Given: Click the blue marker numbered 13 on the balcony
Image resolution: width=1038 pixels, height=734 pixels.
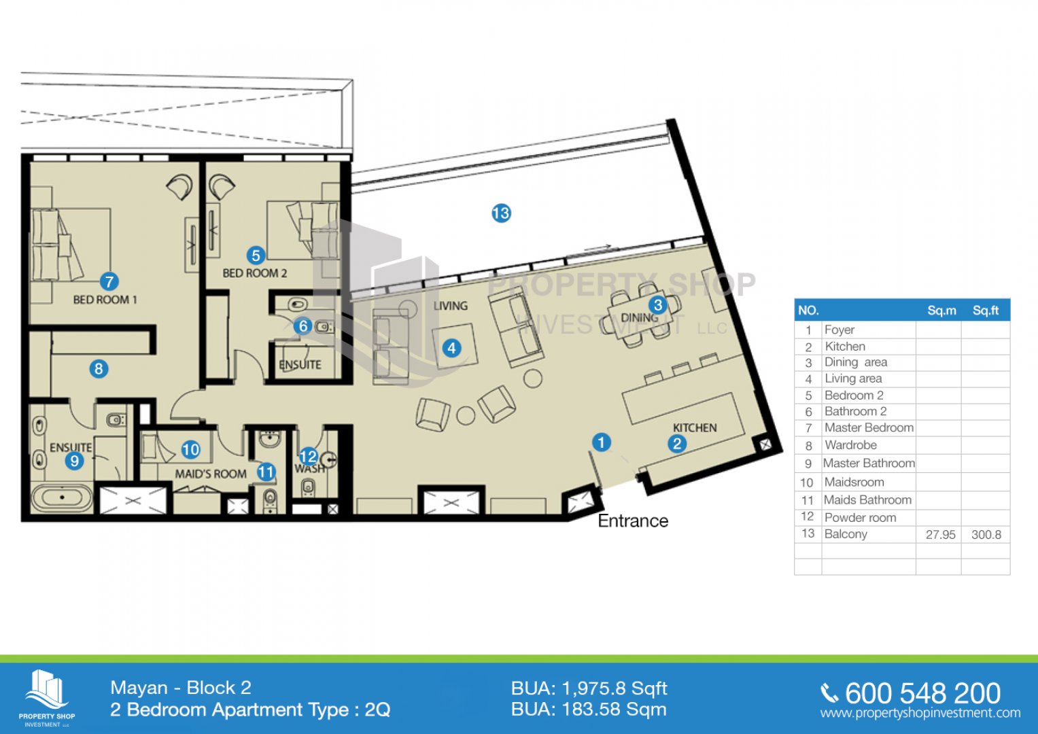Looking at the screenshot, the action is tap(501, 213).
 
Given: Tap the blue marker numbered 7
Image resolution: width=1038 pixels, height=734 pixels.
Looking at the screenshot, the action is tap(109, 281).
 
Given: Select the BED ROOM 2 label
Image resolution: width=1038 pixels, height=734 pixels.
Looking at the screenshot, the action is tap(254, 273).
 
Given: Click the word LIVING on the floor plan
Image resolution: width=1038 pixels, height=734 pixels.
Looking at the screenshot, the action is tap(451, 306).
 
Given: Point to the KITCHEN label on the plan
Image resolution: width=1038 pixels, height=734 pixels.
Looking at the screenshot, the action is tap(695, 427).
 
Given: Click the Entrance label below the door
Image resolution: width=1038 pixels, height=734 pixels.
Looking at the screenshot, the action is tap(633, 521).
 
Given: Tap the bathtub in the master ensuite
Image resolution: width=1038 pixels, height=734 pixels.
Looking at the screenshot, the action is tap(62, 497).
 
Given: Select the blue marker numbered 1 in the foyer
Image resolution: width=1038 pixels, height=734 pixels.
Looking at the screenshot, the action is tap(602, 442).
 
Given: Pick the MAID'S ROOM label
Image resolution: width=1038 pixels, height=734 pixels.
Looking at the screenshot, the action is tap(210, 474).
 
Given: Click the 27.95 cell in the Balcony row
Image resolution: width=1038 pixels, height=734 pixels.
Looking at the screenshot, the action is tap(940, 535).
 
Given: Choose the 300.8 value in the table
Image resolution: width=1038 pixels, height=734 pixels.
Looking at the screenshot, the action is tap(986, 535).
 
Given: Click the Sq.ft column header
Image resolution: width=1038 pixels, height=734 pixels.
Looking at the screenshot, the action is tap(986, 311).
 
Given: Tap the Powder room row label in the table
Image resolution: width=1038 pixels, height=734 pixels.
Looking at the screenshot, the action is tap(860, 518).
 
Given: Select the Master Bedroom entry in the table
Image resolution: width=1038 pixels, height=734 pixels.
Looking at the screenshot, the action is tap(869, 427).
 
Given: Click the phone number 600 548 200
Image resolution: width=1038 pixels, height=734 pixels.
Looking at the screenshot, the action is tap(922, 693).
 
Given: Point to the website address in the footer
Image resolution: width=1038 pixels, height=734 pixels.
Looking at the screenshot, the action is tap(920, 713).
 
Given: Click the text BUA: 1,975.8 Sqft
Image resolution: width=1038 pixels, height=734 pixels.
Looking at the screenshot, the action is tap(589, 688).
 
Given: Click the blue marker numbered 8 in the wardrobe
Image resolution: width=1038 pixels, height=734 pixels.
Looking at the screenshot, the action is tap(99, 369).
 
